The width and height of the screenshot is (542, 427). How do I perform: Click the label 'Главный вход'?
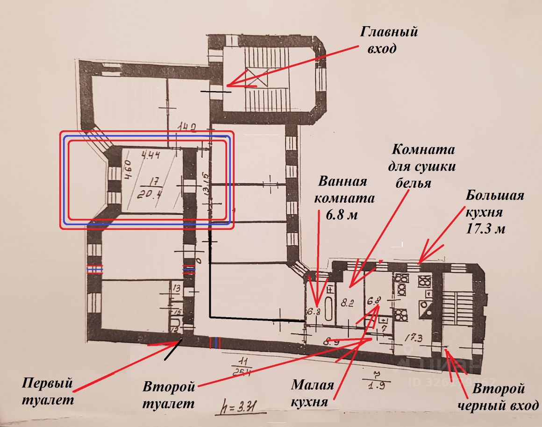click(x=388, y=40)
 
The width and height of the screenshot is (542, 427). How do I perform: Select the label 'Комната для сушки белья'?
click(x=423, y=166)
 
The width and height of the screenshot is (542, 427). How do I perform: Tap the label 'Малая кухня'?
click(x=313, y=393)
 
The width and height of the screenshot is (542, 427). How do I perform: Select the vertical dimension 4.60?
click(x=127, y=171)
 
